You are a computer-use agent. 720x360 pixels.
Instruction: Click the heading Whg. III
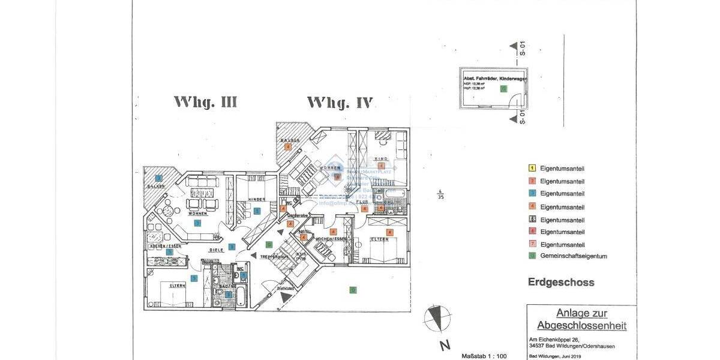205,103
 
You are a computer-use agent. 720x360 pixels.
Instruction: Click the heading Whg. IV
340,103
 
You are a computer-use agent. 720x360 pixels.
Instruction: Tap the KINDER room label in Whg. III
257,199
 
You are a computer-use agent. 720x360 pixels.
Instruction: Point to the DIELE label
217,249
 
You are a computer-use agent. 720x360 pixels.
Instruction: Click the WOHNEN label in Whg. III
197,213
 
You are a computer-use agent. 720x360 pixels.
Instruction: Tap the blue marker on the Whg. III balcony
158,178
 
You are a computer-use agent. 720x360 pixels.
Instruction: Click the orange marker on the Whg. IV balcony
288,146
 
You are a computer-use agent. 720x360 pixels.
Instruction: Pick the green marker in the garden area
353,290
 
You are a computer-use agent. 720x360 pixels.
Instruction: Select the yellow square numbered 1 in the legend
532,169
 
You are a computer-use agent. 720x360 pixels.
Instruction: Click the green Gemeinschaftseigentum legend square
532,256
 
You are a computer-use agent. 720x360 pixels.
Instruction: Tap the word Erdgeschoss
561,282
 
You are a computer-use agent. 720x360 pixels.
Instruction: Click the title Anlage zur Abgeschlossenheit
581,319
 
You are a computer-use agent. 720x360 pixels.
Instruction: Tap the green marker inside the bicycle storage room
503,89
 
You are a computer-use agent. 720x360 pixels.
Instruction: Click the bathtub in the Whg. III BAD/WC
241,296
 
